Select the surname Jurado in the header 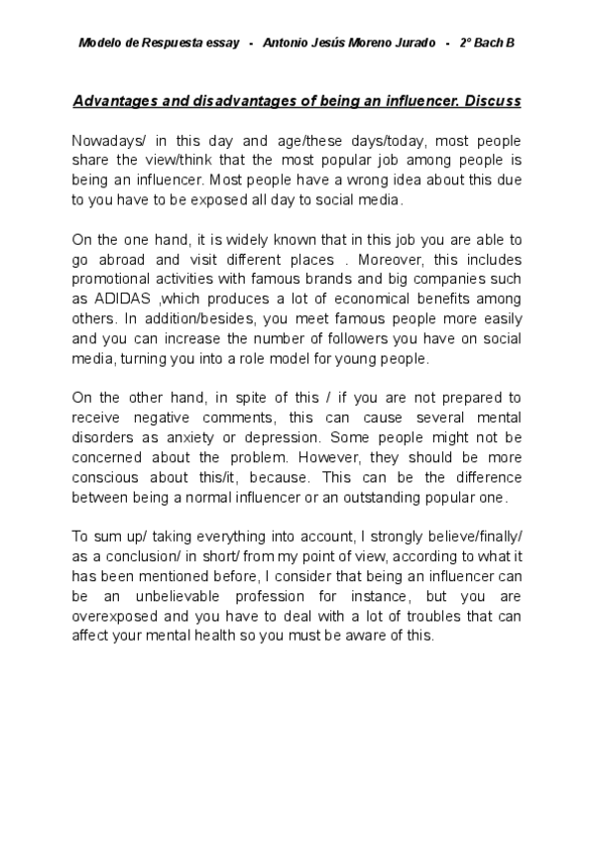[416, 45]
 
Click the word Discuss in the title [489, 101]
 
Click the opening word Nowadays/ [110, 141]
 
